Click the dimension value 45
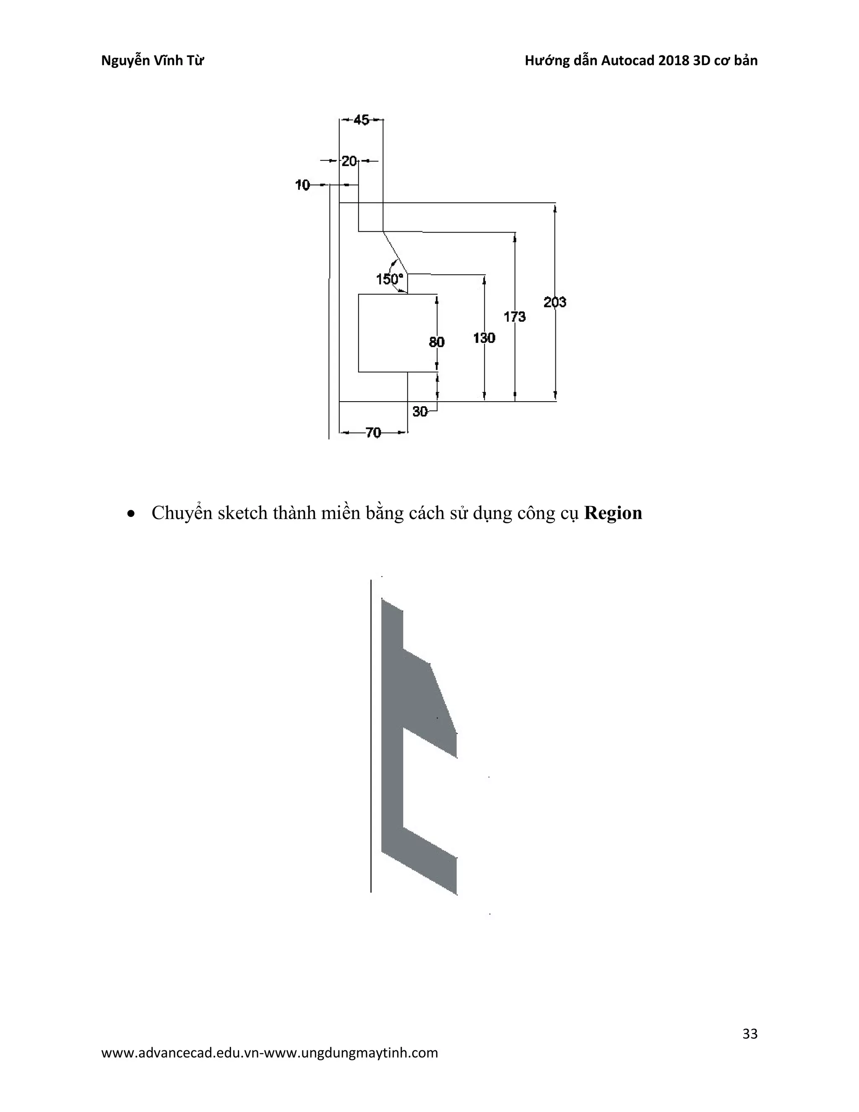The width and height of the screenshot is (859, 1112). (361, 120)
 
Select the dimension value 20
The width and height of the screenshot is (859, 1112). (349, 162)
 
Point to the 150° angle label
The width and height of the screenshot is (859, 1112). (389, 279)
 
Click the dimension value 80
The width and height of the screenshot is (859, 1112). (437, 342)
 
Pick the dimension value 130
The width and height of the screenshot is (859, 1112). (484, 337)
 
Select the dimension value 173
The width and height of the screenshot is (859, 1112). (515, 317)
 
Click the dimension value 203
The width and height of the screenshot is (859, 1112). (554, 302)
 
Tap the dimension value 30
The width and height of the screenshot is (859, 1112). (420, 411)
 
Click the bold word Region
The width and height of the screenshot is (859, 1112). (613, 513)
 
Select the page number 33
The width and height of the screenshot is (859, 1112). (750, 1034)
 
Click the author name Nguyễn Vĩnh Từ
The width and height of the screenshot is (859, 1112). (153, 60)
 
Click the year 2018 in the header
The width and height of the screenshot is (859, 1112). (674, 60)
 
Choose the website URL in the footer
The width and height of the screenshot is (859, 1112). (270, 1053)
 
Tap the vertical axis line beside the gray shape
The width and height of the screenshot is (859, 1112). (371, 738)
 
